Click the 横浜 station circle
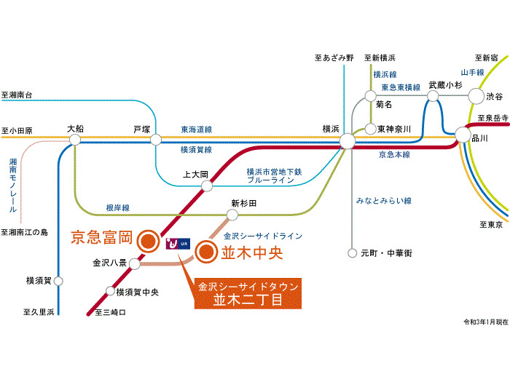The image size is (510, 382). pyautogui.click(x=347, y=140)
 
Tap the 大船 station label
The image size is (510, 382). pyautogui.click(x=75, y=129)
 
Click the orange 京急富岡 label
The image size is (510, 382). pyautogui.click(x=101, y=237)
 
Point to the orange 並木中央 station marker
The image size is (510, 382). pyautogui.click(x=206, y=253)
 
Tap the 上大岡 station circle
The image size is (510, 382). pyautogui.click(x=207, y=186)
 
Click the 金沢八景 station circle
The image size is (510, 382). pyautogui.click(x=134, y=263)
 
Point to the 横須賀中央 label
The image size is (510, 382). pyautogui.click(x=139, y=292)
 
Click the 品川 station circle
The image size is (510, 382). pyautogui.click(x=463, y=135)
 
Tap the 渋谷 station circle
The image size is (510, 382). pyautogui.click(x=476, y=95)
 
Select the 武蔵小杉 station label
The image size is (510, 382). pyautogui.click(x=446, y=84)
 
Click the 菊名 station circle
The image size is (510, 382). pyautogui.click(x=370, y=95)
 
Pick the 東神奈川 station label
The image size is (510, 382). pyautogui.click(x=395, y=129)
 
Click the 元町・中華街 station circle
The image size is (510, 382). pyautogui.click(x=353, y=253)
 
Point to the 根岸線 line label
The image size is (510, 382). pyautogui.click(x=117, y=207)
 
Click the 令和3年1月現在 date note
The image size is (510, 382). pyautogui.click(x=484, y=321)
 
